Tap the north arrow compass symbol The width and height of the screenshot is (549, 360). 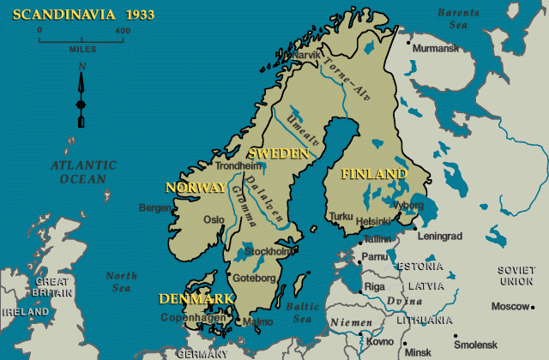coord(81,94)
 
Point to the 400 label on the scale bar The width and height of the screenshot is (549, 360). coord(122,30)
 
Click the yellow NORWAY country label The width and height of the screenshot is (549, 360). coord(195,187)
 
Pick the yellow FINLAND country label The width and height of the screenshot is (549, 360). coord(374,174)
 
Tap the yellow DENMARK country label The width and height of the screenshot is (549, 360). coord(196,298)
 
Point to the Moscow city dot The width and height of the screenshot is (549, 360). coord(534,307)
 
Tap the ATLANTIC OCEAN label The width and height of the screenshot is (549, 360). coord(83,172)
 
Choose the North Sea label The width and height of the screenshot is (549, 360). coord(121,282)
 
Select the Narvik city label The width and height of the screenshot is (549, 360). coord(306,54)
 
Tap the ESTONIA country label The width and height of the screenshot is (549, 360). coord(420,267)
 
